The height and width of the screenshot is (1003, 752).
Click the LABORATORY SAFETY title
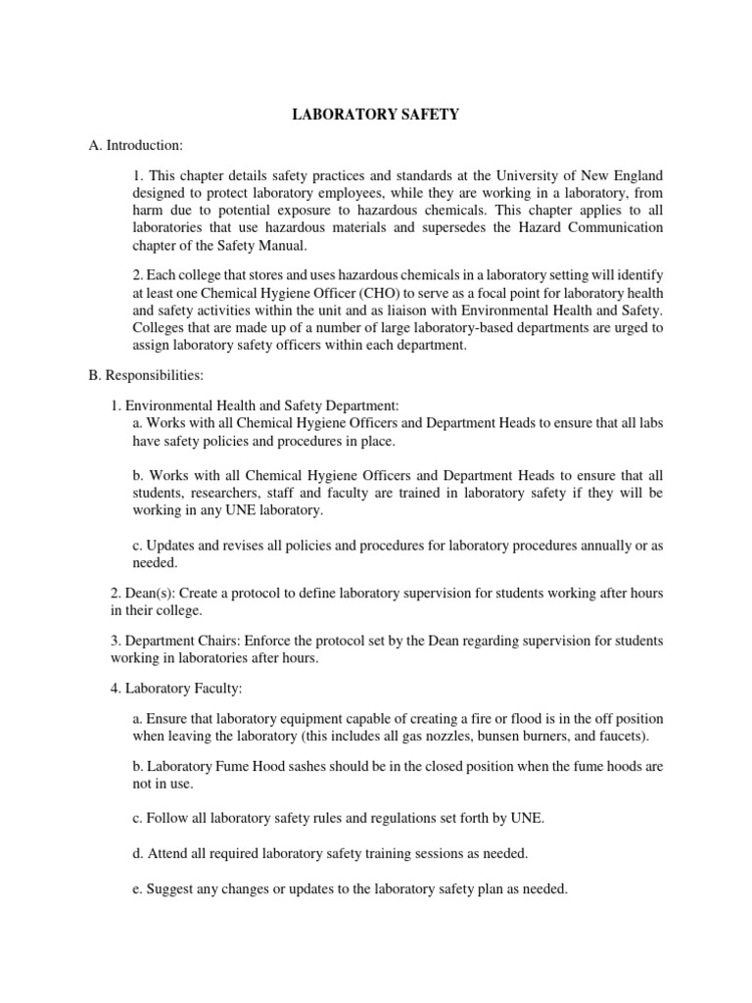(x=376, y=115)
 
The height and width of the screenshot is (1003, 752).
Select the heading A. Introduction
(x=135, y=145)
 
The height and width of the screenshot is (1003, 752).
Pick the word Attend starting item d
(x=168, y=852)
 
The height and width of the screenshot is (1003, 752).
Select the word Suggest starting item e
(x=171, y=888)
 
